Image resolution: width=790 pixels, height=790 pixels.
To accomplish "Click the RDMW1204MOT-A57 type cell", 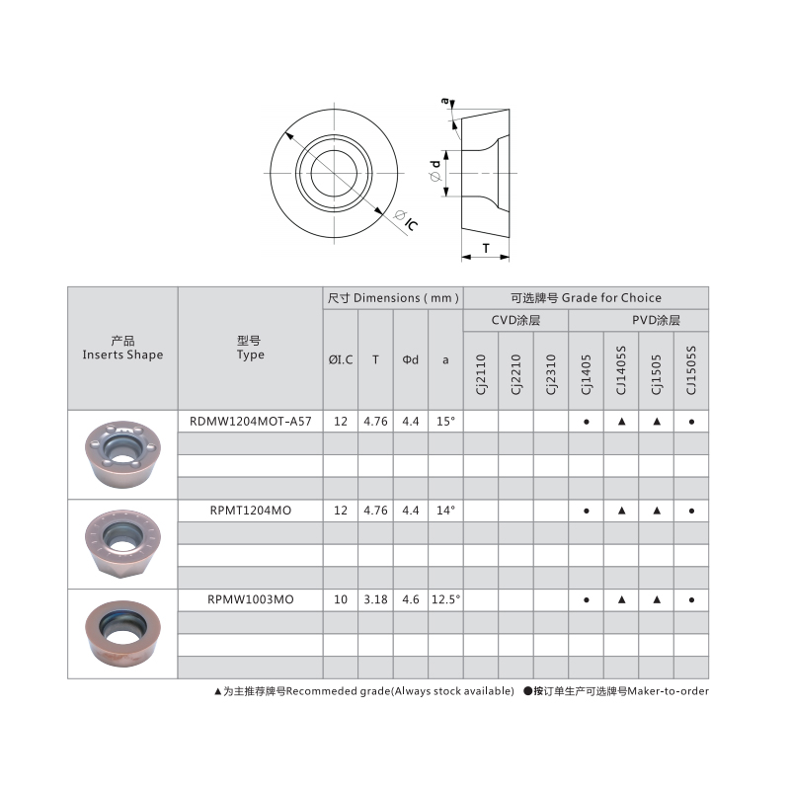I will [x=251, y=421].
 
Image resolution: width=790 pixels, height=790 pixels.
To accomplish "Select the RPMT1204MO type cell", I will [x=251, y=511].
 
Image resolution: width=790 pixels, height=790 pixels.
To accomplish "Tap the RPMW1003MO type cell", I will [x=251, y=599].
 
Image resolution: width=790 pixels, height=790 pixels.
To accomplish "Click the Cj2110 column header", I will [x=481, y=376].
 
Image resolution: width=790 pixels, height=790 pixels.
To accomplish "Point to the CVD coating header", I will [x=515, y=321].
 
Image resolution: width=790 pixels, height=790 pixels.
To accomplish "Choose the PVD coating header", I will [x=656, y=321].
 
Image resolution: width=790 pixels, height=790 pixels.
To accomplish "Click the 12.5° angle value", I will [x=445, y=599].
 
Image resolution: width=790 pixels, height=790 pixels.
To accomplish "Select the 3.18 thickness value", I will [x=375, y=599].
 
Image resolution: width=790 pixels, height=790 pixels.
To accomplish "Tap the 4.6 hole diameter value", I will [x=411, y=599].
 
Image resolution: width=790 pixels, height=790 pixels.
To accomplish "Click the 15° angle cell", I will [x=445, y=421].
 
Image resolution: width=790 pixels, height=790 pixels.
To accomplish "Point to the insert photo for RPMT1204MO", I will [x=122, y=544].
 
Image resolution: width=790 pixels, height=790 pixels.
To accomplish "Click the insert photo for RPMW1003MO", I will [x=122, y=633].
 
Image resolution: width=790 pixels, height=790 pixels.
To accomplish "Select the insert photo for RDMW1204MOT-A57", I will [x=122, y=454].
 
